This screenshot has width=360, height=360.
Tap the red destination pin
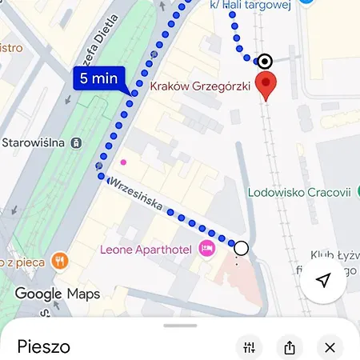click(x=266, y=84)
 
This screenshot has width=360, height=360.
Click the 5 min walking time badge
click(x=98, y=79)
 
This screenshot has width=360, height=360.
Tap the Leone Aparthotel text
click(x=146, y=250)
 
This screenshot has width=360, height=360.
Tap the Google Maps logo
click(x=58, y=294)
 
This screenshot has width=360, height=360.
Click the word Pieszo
click(x=43, y=346)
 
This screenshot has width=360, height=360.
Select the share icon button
click(x=289, y=347)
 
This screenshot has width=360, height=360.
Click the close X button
click(x=330, y=347)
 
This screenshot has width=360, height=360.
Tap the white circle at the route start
click(x=241, y=248)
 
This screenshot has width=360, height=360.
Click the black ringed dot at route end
click(x=264, y=61)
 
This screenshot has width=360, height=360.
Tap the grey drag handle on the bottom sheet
click(x=180, y=326)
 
